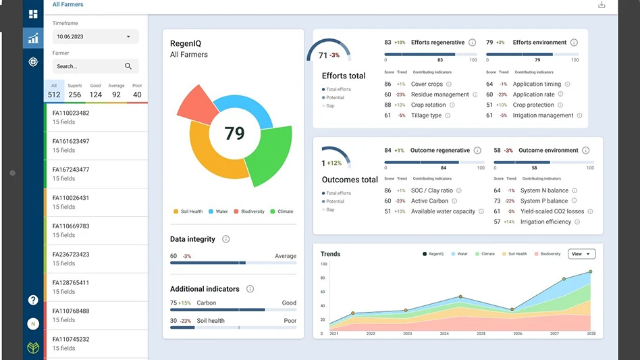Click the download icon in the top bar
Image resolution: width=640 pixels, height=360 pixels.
coord(602,5)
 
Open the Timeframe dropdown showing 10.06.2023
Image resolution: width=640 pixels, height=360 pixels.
coord(95,36)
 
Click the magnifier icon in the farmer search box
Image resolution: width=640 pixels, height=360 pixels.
coord(128,66)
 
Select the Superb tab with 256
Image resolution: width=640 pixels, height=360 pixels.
coord(75,91)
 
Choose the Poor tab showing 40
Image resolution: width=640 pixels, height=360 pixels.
coord(137,91)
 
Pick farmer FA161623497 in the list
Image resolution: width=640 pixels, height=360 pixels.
coord(71,141)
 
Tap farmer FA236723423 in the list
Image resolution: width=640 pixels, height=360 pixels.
coord(71,255)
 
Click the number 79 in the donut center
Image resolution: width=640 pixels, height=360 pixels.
coord(234,133)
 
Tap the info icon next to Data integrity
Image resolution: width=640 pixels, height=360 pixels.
coord(226,239)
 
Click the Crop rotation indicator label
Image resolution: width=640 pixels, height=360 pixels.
coord(428,105)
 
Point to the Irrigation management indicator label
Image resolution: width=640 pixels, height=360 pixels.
coord(543,115)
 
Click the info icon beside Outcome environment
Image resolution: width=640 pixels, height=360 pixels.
coord(585,151)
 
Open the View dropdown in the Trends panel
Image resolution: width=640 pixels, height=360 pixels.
coord(581,254)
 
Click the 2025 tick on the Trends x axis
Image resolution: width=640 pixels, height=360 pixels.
coord(481,334)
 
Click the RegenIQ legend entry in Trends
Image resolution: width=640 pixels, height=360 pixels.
coord(433,254)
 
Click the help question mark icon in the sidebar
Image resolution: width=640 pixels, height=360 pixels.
coord(32,300)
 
